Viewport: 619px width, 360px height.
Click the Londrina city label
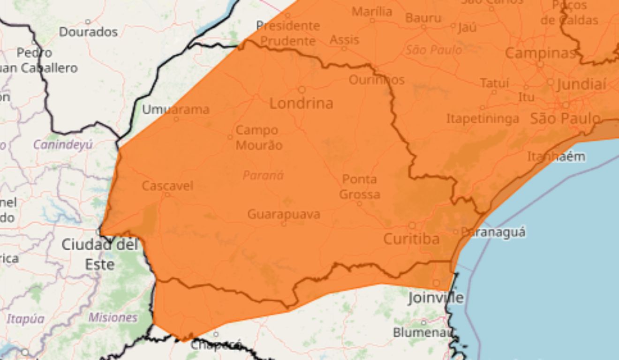click(301, 103)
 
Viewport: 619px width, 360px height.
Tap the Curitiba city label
click(411, 239)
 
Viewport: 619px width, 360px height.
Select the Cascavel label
click(167, 186)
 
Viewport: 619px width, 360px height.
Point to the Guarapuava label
click(284, 215)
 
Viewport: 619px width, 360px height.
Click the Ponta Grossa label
click(360, 187)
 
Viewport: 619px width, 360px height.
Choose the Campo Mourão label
click(259, 137)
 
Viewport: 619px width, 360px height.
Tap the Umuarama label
click(175, 110)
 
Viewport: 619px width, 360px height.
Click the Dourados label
click(88, 32)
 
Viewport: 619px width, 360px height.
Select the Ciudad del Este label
click(100, 254)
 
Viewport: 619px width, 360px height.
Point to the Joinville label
click(436, 298)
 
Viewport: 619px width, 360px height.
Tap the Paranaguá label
click(493, 232)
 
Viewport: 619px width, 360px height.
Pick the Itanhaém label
click(556, 157)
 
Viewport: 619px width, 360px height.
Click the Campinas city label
click(540, 53)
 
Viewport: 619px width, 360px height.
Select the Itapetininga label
click(483, 119)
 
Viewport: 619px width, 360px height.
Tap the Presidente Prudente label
click(288, 33)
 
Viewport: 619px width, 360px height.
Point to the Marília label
click(372, 12)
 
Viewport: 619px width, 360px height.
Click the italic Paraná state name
click(263, 175)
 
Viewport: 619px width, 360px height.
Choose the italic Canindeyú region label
click(63, 145)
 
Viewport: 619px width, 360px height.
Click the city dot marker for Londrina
click(302, 90)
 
